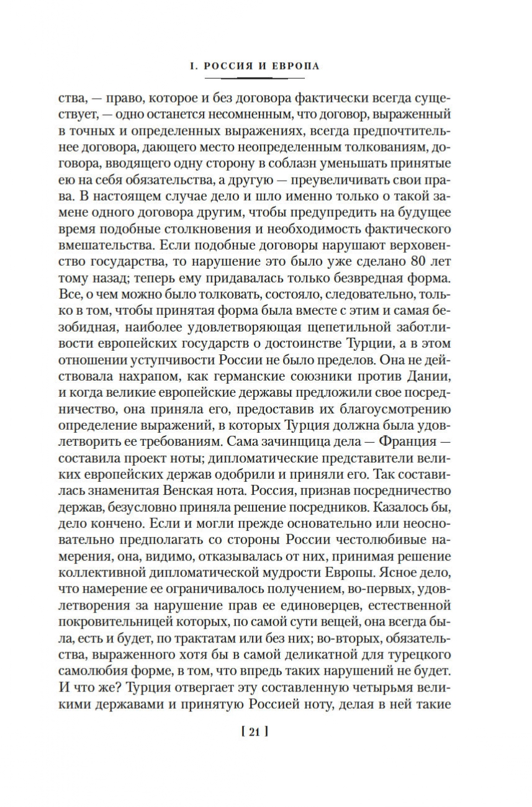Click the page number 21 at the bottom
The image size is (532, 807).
pos(255,731)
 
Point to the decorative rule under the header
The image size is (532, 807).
pos(255,78)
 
